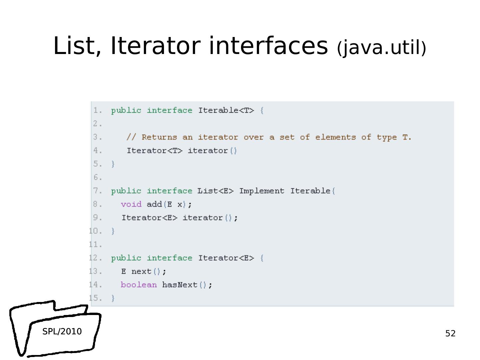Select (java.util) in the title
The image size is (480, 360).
pyautogui.click(x=381, y=48)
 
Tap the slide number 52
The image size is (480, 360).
pyautogui.click(x=450, y=333)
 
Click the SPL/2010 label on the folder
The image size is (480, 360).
pyautogui.click(x=62, y=331)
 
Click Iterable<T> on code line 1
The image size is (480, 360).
pyautogui.click(x=226, y=110)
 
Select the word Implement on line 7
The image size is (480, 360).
pyautogui.click(x=262, y=191)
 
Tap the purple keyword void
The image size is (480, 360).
pyautogui.click(x=131, y=204)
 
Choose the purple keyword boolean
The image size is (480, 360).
pyautogui.click(x=138, y=285)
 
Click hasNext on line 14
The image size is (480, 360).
pyautogui.click(x=180, y=285)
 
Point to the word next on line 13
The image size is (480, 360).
pyautogui.click(x=141, y=271)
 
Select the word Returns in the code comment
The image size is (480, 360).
pyautogui.click(x=159, y=137)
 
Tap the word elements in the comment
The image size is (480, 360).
pyautogui.click(x=335, y=137)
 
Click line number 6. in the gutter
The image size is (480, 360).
pyautogui.click(x=97, y=178)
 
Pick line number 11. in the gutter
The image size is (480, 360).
pyautogui.click(x=96, y=245)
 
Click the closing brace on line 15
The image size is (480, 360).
pyautogui.click(x=113, y=298)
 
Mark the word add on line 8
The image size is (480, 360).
pyautogui.click(x=154, y=204)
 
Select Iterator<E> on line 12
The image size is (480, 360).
pyautogui.click(x=226, y=258)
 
